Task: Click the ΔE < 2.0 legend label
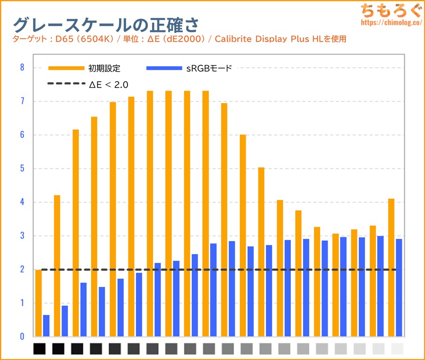coord(109,84)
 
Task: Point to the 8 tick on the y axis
coord(22,67)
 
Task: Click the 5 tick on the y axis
coord(22,168)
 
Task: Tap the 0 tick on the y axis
coord(22,337)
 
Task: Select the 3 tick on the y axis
coord(22,236)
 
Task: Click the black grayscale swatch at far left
coord(39,349)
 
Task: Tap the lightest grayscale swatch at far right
coord(398,349)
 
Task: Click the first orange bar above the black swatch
coord(38,303)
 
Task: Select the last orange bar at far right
coord(391,268)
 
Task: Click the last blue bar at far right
coord(399,288)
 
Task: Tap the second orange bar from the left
coord(57,266)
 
